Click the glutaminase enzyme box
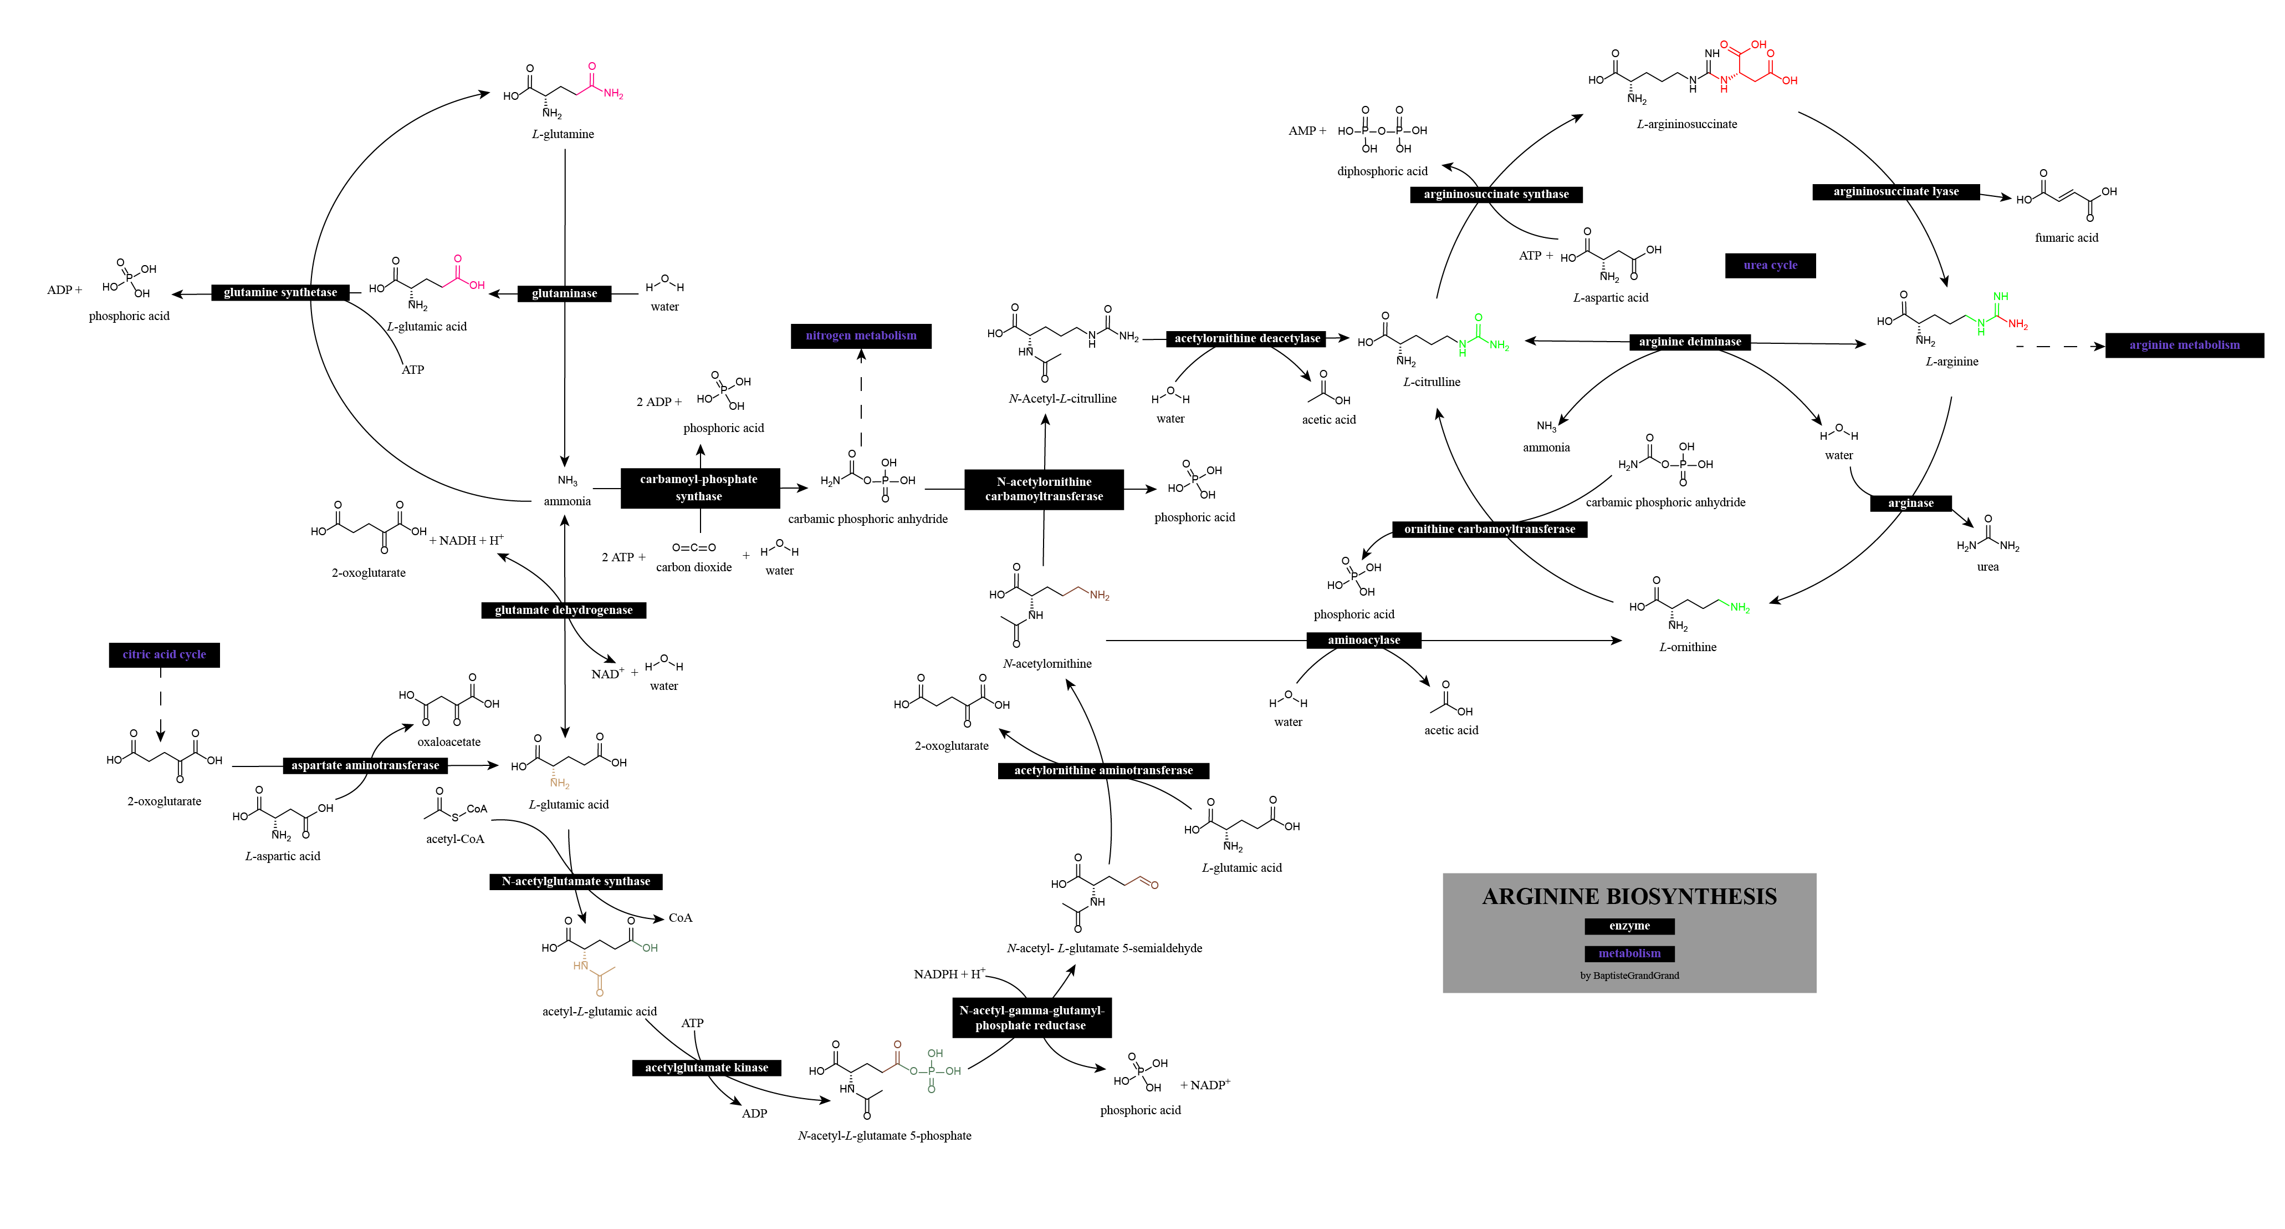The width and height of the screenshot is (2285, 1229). (564, 294)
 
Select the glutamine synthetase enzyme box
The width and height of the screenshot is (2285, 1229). (280, 293)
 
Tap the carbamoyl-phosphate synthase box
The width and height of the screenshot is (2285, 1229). (699, 488)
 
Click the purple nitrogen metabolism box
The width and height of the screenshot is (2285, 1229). (861, 336)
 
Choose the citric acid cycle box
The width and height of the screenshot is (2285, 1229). (164, 655)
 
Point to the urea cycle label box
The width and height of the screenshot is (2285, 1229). (1770, 265)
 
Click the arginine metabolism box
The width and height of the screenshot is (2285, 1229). (2184, 345)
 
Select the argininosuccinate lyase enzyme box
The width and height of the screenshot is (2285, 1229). (1895, 192)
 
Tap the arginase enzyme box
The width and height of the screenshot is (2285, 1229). (1911, 503)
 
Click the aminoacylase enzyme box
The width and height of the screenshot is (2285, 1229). (1363, 640)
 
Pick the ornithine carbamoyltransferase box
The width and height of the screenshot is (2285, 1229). (1489, 530)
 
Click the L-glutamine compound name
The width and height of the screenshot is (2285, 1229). (563, 135)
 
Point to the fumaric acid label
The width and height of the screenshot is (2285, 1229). (2066, 238)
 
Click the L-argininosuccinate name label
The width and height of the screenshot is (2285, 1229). (1686, 124)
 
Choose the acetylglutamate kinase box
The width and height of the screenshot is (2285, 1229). (706, 1068)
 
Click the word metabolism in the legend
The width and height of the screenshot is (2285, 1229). (1629, 953)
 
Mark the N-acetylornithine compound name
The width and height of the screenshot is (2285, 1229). (1047, 664)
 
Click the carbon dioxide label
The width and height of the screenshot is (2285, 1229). (694, 567)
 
